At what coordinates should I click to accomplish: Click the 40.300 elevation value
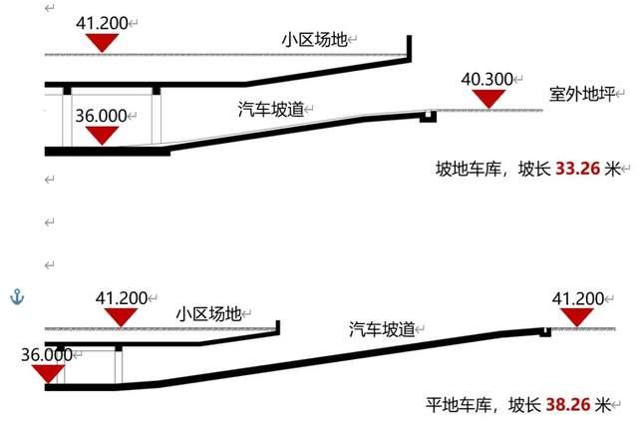click(488, 78)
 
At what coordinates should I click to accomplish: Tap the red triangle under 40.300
click(488, 98)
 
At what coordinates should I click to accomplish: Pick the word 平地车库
click(458, 405)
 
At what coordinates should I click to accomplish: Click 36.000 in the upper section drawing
click(101, 115)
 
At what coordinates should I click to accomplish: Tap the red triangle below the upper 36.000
click(102, 134)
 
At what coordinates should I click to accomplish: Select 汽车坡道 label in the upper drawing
click(271, 107)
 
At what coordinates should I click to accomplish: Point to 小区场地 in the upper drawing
click(314, 40)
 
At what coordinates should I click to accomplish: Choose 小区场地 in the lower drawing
click(208, 312)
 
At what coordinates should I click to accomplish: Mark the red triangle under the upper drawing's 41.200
click(103, 42)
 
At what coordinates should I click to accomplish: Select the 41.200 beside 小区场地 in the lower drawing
click(122, 298)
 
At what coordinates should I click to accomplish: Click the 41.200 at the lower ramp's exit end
click(577, 298)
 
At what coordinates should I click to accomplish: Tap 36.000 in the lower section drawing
click(46, 354)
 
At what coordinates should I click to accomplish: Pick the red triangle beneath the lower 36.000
click(46, 374)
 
